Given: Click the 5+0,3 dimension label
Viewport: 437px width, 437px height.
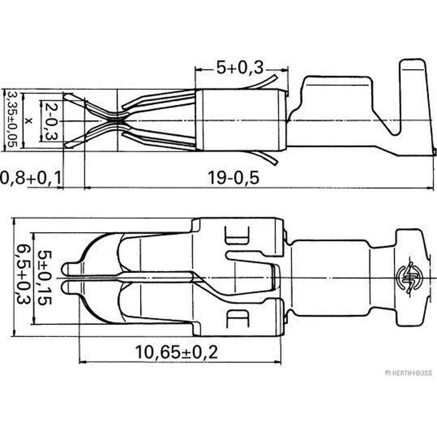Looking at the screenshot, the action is click(x=240, y=67).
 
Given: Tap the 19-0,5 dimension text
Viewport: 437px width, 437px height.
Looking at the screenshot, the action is click(x=233, y=178).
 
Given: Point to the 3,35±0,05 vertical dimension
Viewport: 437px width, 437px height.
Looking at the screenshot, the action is click(x=13, y=119).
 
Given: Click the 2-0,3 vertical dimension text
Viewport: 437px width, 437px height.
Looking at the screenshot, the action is click(x=52, y=121).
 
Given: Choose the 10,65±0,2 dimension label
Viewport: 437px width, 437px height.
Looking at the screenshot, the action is click(x=176, y=352).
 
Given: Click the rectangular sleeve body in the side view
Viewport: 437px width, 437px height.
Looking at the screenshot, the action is click(x=240, y=120).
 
